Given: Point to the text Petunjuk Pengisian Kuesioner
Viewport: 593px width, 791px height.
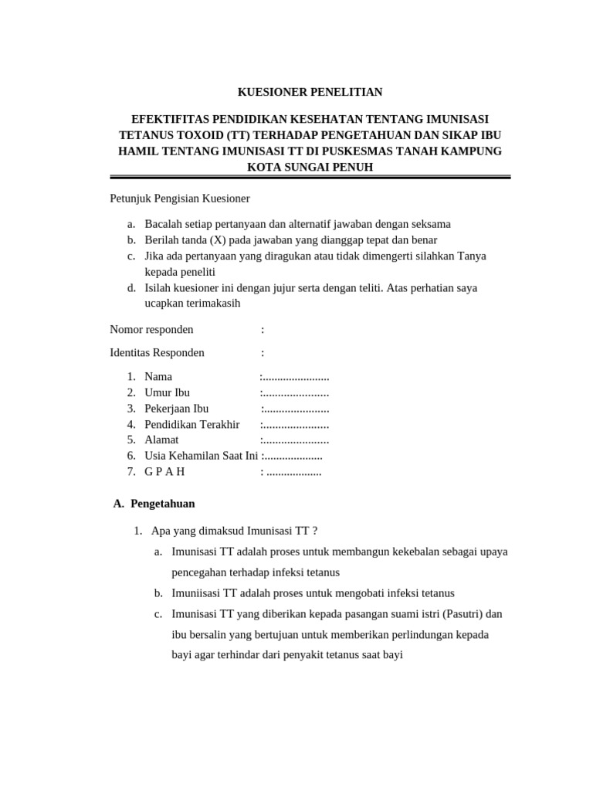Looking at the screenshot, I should [180, 199].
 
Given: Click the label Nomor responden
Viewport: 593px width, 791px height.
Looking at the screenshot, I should [152, 330].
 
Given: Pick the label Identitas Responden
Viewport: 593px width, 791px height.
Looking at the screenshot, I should [158, 353].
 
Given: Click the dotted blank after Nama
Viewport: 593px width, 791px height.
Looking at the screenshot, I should [296, 377].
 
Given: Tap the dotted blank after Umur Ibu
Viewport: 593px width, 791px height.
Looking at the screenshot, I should [296, 393].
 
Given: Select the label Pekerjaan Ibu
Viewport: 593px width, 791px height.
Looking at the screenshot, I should [176, 409].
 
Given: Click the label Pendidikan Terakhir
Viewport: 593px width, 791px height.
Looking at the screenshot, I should [191, 424].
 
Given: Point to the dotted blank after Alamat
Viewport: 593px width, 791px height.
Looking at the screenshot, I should [296, 440].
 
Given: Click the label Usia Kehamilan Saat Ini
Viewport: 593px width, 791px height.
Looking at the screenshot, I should [201, 456].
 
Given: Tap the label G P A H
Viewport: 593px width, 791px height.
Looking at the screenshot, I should [164, 471].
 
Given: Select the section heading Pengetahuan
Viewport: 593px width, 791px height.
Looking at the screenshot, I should [163, 504].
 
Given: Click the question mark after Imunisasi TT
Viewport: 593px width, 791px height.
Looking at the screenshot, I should [315, 531].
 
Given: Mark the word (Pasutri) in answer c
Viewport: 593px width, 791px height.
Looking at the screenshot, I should [463, 614].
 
